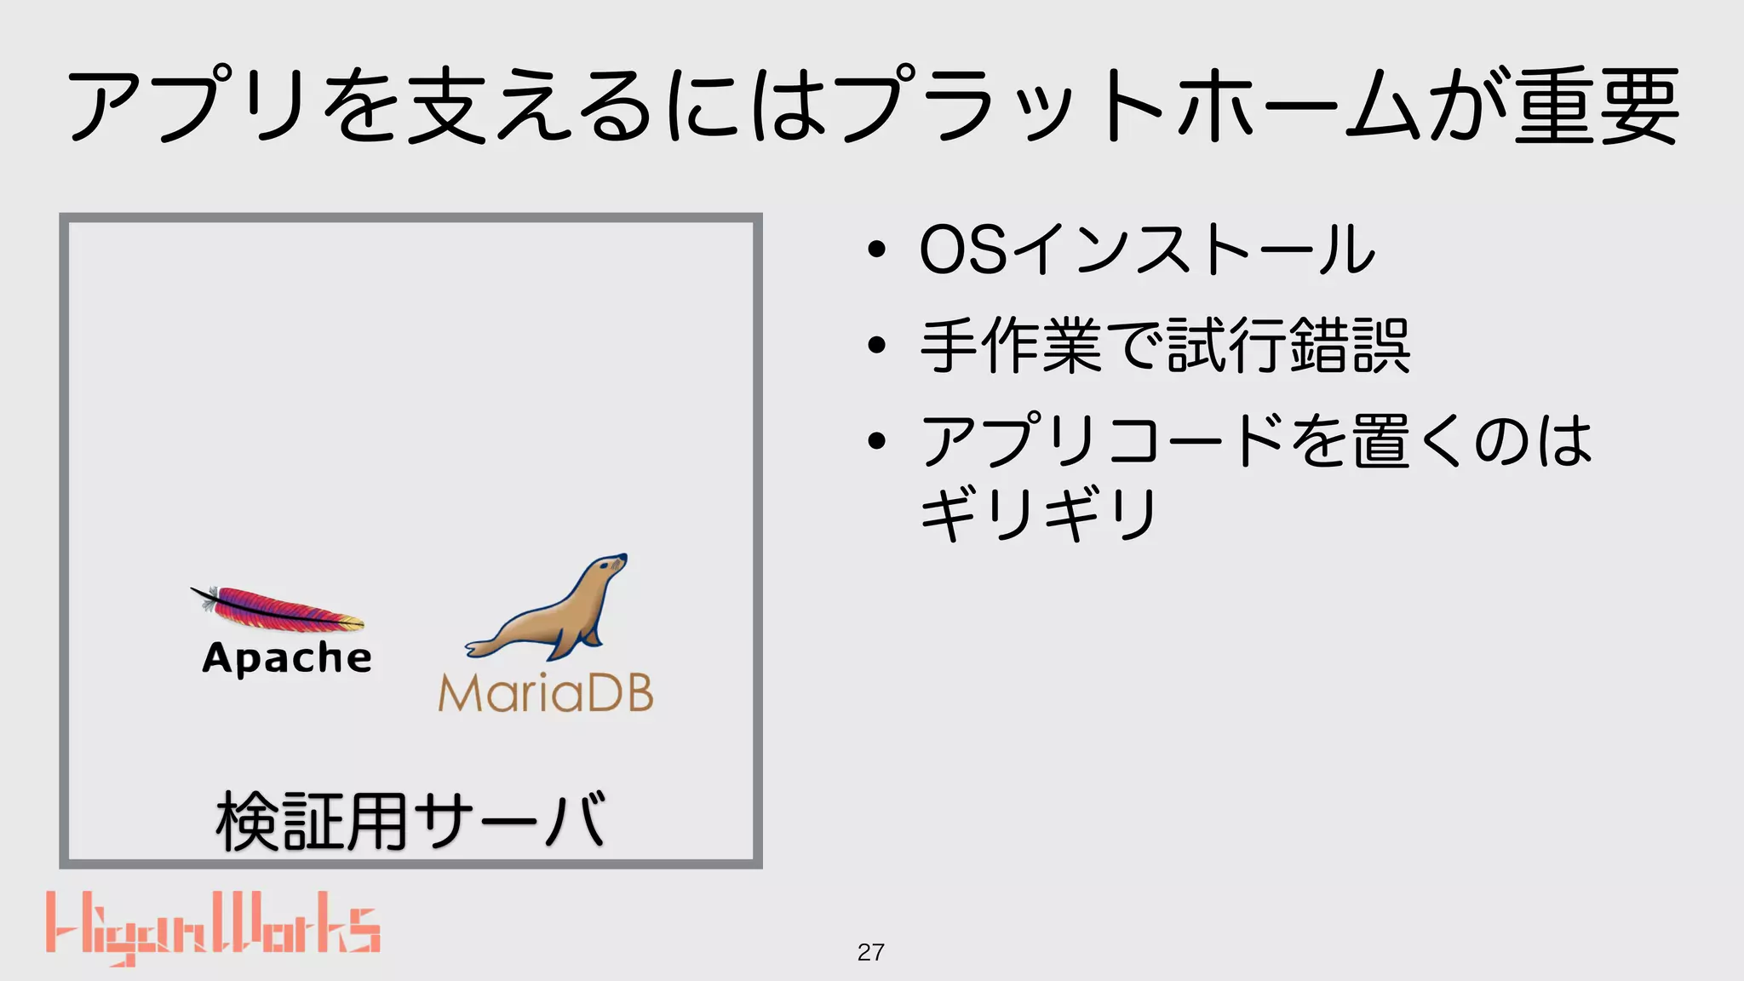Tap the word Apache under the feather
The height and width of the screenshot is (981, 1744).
(287, 658)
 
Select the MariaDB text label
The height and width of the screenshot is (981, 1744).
(546, 693)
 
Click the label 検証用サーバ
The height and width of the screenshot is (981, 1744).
(410, 821)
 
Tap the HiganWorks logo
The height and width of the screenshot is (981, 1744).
(213, 928)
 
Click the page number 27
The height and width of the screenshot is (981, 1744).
(870, 952)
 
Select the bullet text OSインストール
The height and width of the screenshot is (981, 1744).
(1147, 250)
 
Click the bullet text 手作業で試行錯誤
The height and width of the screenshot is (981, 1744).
(1165, 346)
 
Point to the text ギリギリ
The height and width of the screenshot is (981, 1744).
(1039, 513)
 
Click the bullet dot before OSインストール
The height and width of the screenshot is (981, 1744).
(876, 250)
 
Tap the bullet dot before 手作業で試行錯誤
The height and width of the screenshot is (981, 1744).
(876, 346)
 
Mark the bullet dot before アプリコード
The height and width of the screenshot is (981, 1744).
(876, 441)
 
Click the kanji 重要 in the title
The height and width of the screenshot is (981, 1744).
(1597, 106)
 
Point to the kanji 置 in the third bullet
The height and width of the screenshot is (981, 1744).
(1380, 441)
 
